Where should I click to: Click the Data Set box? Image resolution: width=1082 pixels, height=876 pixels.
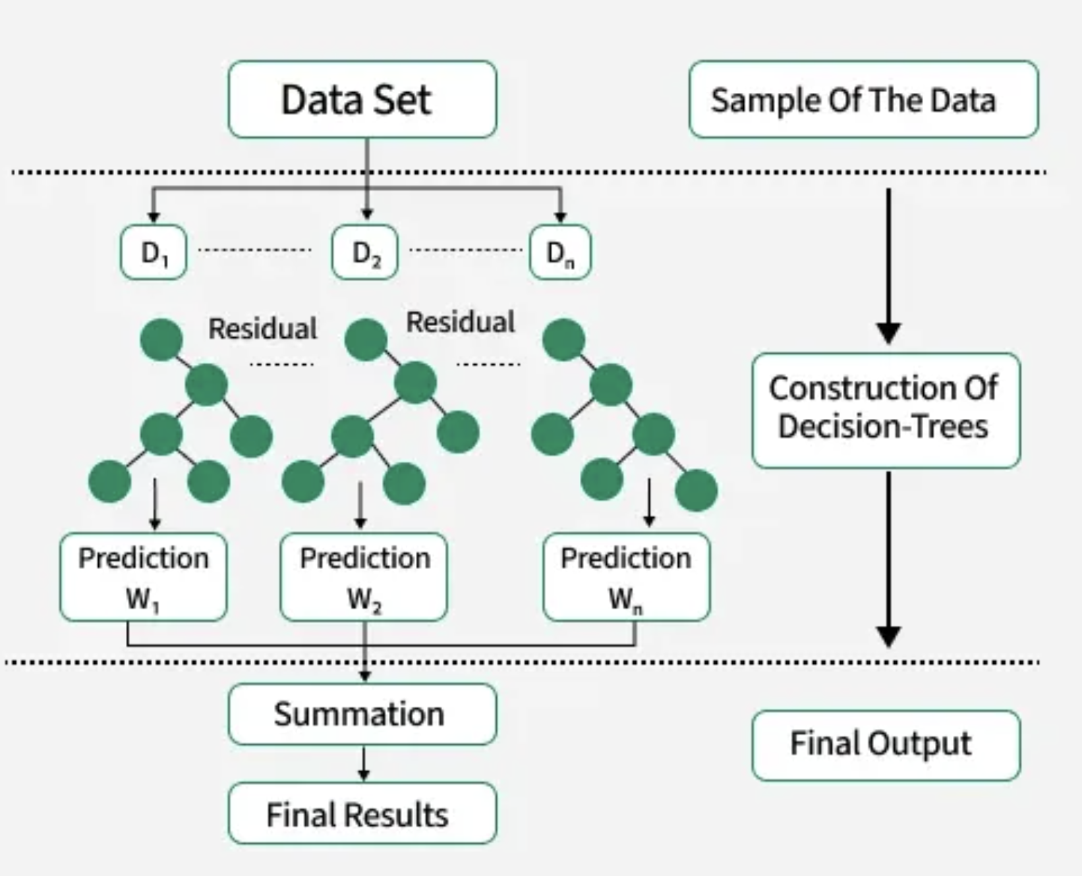point(362,99)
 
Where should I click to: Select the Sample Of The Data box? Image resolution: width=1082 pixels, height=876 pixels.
point(864,99)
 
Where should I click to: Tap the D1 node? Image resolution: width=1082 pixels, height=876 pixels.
point(154,252)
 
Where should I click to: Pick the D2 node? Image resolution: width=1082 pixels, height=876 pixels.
point(365,252)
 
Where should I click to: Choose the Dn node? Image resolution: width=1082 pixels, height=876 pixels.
point(561,252)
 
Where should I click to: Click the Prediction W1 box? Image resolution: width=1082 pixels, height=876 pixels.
point(144,577)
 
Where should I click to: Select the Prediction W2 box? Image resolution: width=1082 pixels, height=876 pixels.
point(364,577)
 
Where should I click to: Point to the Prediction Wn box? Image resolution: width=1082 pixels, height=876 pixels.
point(627,577)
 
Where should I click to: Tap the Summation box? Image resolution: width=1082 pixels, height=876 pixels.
point(362,715)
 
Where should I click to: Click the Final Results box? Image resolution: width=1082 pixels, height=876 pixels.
point(362,813)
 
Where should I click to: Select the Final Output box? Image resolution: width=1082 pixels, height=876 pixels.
point(886,746)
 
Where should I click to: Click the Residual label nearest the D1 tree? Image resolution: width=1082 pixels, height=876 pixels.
point(262,329)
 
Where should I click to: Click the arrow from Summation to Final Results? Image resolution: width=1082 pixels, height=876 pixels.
point(363,764)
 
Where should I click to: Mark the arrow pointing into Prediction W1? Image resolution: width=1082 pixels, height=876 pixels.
point(155,505)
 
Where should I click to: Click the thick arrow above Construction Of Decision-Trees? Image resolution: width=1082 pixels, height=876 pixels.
point(889,266)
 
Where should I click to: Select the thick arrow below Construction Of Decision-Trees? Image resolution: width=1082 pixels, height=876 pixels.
point(889,559)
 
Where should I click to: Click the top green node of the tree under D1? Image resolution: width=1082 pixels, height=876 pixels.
point(161,340)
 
